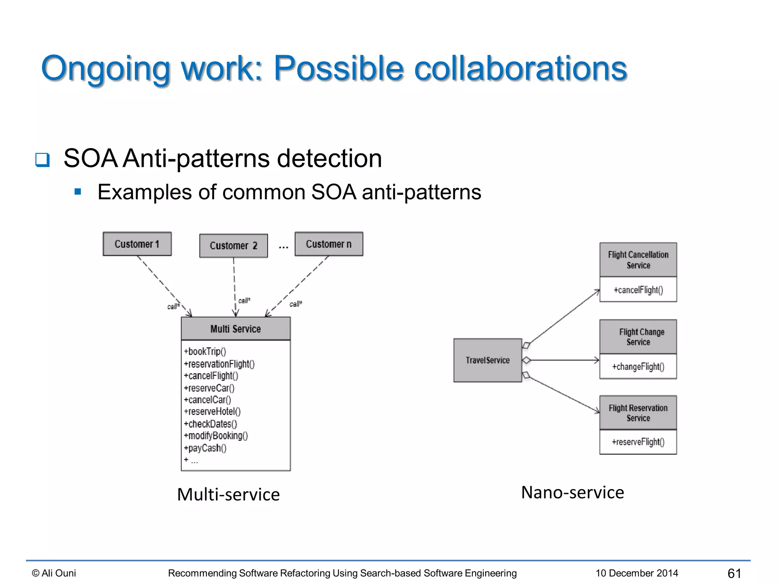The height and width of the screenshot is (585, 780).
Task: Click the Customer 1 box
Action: coord(137,244)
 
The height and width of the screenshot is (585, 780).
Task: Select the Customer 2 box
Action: coord(233,246)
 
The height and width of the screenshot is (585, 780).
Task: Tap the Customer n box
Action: coord(329,244)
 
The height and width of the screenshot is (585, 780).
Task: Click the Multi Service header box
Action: coord(235,329)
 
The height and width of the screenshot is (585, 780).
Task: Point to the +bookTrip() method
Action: coord(205,351)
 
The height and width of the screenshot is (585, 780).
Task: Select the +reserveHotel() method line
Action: coord(212,412)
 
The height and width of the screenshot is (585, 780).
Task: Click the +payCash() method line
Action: coord(205,448)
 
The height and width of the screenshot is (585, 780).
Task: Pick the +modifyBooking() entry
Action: coord(216,436)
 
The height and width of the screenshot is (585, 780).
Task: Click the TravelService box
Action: coord(487,360)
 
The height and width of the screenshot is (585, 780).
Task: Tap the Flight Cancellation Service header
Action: coord(638,260)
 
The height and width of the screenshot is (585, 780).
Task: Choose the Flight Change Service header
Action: coord(638,337)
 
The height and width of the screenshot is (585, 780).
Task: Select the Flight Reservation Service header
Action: coord(638,413)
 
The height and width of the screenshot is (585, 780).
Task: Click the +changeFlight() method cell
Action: coord(638,367)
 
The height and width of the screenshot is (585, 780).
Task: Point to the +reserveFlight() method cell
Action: coord(638,442)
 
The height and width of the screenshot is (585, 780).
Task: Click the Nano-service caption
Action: coord(572,492)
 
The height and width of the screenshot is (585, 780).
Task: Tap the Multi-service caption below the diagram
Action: coord(229,495)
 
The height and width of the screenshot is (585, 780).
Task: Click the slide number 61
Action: coord(734,573)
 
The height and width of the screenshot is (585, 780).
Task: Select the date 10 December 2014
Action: coord(637,573)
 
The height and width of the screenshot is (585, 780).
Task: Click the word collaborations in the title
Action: coord(520,69)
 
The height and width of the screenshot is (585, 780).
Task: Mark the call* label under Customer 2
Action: coord(244,300)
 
